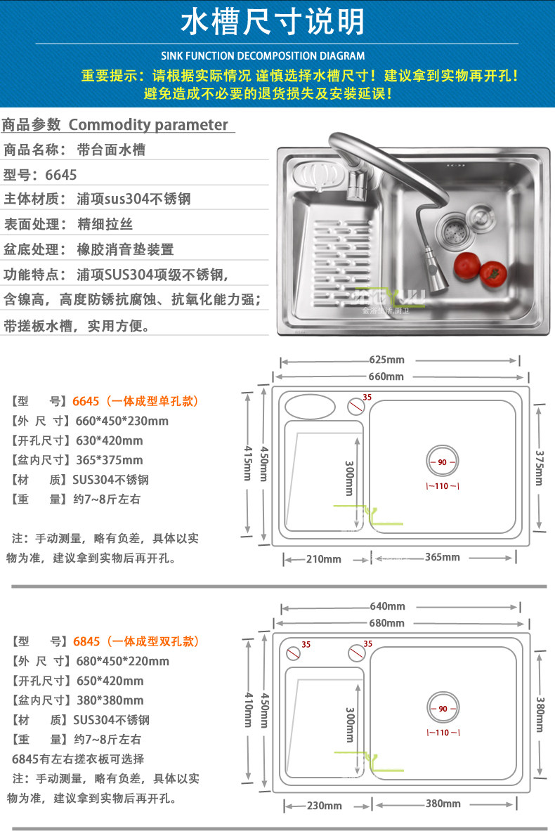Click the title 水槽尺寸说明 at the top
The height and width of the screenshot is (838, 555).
click(273, 23)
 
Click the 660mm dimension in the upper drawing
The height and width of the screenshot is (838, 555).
click(386, 377)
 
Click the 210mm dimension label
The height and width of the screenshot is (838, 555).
click(323, 559)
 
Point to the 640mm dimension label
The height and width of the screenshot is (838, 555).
click(387, 606)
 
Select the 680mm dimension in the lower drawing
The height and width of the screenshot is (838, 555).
click(387, 623)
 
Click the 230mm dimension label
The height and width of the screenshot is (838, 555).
click(324, 805)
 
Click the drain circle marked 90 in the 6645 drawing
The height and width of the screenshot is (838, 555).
click(443, 462)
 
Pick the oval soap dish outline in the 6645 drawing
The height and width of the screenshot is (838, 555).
click(310, 405)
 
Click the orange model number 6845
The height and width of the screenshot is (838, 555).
click(86, 641)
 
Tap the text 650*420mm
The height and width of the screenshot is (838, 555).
click(107, 681)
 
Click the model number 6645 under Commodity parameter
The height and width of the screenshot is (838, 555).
click(62, 175)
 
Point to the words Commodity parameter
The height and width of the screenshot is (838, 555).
click(148, 125)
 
